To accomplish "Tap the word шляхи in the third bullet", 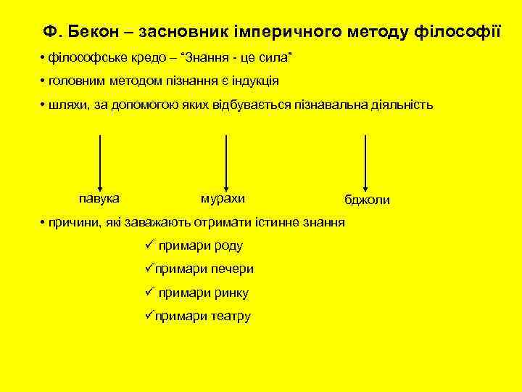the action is click(68, 105).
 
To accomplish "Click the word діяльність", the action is click(402, 105).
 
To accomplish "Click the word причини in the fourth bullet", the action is click(72, 222).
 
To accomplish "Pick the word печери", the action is click(232, 269).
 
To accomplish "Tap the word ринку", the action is click(230, 293).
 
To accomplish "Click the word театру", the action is click(231, 317).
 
